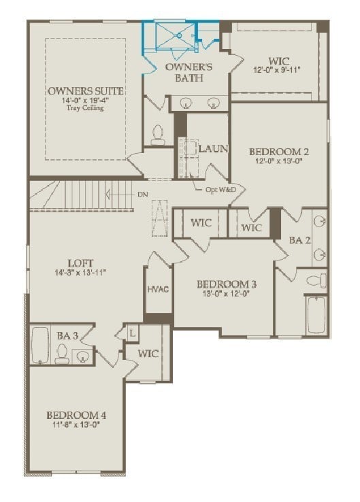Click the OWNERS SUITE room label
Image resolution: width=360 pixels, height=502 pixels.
pyautogui.click(x=85, y=90)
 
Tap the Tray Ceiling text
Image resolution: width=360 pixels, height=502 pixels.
pyautogui.click(x=85, y=108)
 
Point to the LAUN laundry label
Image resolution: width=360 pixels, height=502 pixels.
pyautogui.click(x=212, y=148)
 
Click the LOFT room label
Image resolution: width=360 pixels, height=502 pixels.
pyautogui.click(x=80, y=263)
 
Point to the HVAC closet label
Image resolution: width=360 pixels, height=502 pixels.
pyautogui.click(x=158, y=289)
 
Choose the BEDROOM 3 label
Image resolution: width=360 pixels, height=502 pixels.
pyautogui.click(x=227, y=284)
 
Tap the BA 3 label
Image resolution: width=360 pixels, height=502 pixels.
pyautogui.click(x=67, y=335)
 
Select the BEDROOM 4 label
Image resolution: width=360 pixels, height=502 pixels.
pyautogui.click(x=76, y=416)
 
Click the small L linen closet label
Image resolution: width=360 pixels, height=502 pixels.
pyautogui.click(x=131, y=333)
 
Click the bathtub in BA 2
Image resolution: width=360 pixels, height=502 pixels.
pyautogui.click(x=315, y=315)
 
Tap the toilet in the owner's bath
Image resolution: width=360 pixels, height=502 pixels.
pyautogui.click(x=159, y=133)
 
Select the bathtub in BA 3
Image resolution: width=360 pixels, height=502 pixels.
pyautogui.click(x=40, y=345)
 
